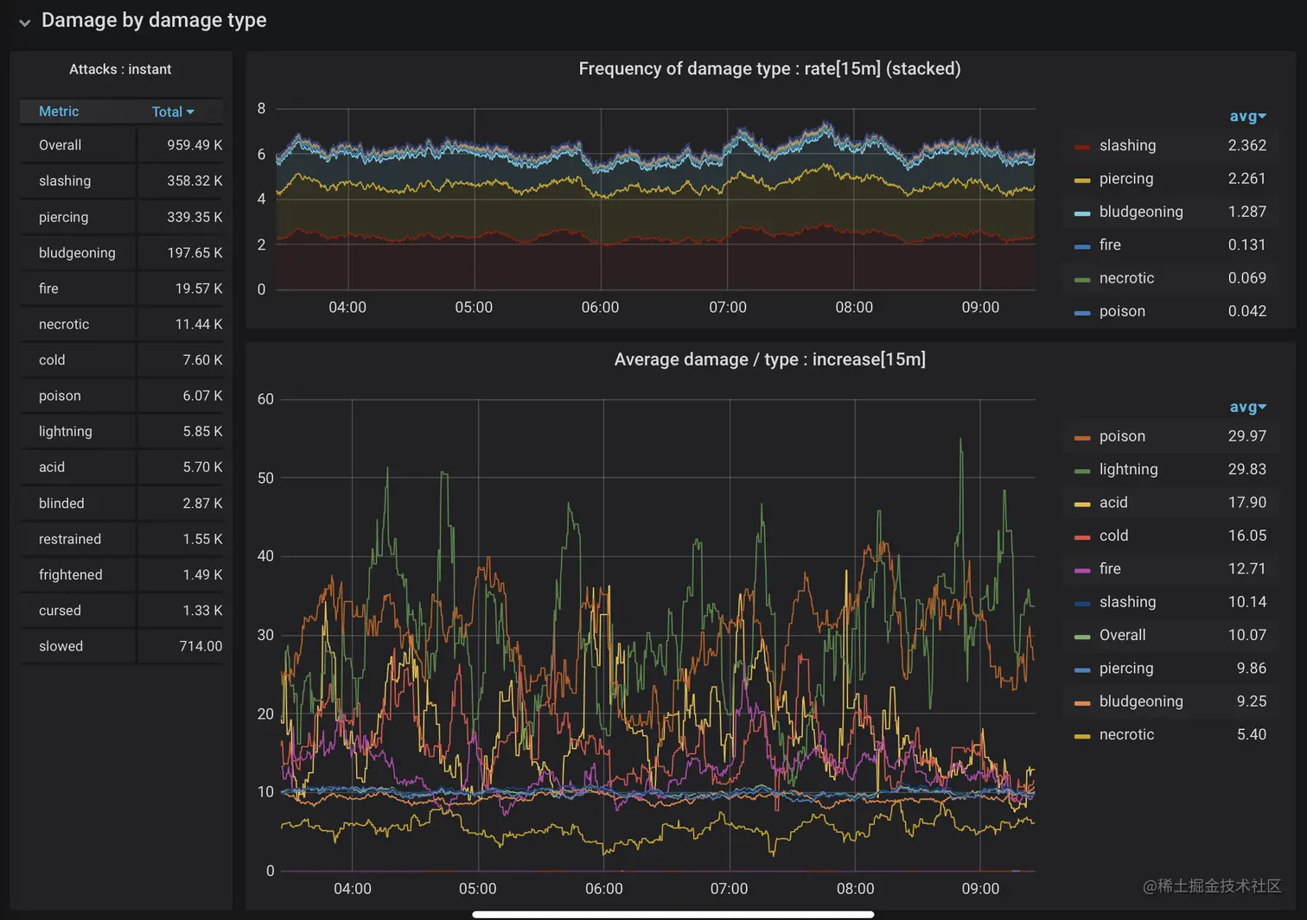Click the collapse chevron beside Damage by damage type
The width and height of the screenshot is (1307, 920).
tap(24, 22)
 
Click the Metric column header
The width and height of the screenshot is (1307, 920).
tap(59, 111)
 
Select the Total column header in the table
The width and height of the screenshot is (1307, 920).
tap(172, 111)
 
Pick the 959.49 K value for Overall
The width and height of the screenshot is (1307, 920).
tap(194, 145)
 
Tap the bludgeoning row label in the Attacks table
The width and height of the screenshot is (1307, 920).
tap(77, 252)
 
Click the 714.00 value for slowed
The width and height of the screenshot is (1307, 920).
tap(201, 646)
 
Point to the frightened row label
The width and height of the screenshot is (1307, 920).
tap(70, 574)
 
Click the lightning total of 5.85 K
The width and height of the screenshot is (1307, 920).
tap(202, 431)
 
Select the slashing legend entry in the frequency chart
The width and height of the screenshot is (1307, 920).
tap(1127, 145)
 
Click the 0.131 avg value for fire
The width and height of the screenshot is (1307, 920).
tap(1246, 244)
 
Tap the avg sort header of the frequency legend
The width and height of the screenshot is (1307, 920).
tap(1247, 117)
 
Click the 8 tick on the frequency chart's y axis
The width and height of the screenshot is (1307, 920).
tap(261, 109)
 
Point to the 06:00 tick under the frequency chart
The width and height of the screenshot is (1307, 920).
tap(600, 308)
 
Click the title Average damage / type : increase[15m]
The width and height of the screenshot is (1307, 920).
tap(769, 359)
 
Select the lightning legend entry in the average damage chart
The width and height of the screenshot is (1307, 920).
tap(1128, 469)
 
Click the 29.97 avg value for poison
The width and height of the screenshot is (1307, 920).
tap(1246, 436)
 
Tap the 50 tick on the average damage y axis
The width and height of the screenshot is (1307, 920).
tap(265, 478)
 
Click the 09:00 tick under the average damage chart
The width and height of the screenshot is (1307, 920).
tap(980, 889)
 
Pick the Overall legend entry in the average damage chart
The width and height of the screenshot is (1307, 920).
tap(1122, 635)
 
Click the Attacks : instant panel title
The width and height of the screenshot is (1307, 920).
tap(120, 69)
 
